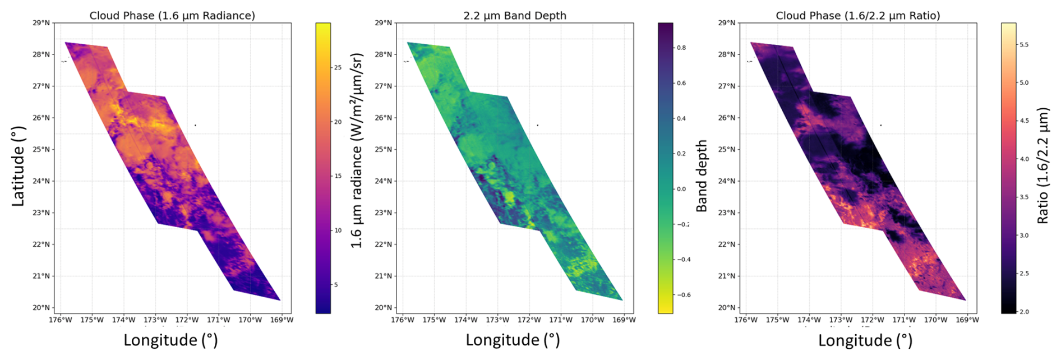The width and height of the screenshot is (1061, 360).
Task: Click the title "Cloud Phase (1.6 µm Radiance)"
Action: pyautogui.click(x=172, y=16)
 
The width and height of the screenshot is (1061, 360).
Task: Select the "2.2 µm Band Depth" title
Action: pyautogui.click(x=515, y=16)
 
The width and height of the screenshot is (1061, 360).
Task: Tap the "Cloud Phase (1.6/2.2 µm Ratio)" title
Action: pyautogui.click(x=857, y=16)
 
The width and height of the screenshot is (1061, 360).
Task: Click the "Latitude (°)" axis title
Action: pyautogui.click(x=19, y=166)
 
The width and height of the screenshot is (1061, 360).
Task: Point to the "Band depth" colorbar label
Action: pyautogui.click(x=701, y=176)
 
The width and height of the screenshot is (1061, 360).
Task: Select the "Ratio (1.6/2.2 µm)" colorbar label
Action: pyautogui.click(x=1042, y=166)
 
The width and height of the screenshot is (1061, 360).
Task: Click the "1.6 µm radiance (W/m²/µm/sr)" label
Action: pyautogui.click(x=357, y=150)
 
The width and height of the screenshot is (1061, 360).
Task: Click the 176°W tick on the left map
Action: pyautogui.click(x=61, y=320)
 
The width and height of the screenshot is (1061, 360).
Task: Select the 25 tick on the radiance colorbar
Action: pyautogui.click(x=338, y=68)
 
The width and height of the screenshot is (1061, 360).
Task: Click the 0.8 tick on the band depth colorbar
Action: pyautogui.click(x=681, y=48)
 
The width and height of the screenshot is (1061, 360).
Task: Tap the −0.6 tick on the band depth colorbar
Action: pyautogui.click(x=682, y=295)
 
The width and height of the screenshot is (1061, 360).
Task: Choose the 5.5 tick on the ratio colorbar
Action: pyautogui.click(x=1023, y=45)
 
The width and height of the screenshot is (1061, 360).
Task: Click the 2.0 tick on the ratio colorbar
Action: pyautogui.click(x=1023, y=312)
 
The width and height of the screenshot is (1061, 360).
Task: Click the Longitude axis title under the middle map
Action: pyautogui.click(x=513, y=340)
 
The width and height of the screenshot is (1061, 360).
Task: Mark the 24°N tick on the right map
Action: pyautogui.click(x=727, y=181)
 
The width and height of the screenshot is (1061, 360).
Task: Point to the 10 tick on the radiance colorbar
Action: pyautogui.click(x=338, y=230)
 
